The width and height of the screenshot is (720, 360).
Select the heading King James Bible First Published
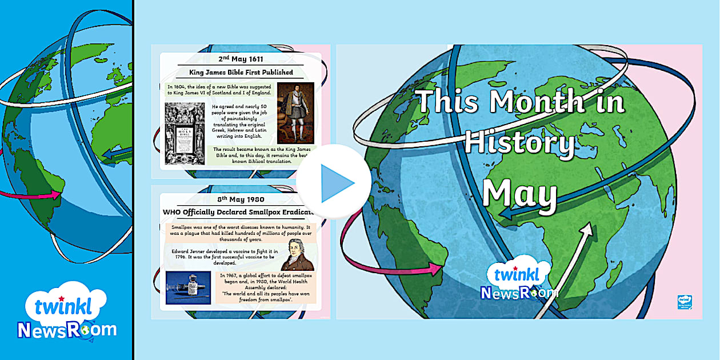click(x=241, y=73)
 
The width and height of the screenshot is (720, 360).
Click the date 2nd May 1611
click(x=241, y=59)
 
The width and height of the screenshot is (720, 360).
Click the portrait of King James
click(x=295, y=113)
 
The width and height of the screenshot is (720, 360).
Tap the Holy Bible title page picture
click(x=184, y=134)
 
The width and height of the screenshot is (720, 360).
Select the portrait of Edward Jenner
click(x=298, y=252)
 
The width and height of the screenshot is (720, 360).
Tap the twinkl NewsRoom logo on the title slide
click(x=519, y=281)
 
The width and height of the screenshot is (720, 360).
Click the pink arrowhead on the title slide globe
click(x=438, y=266)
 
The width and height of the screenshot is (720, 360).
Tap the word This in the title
click(x=448, y=103)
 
